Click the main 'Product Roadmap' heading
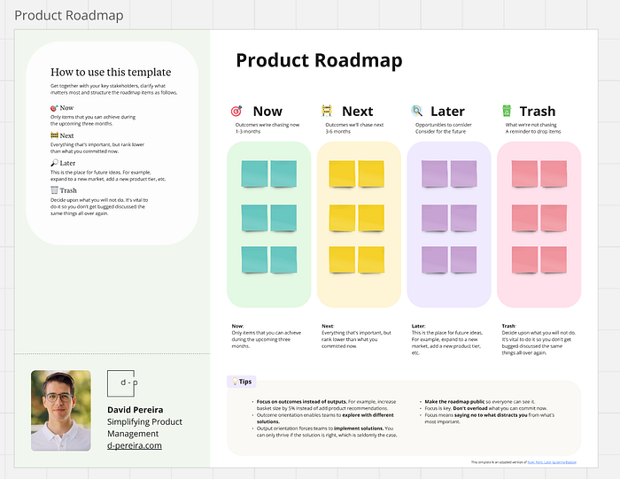(318, 60)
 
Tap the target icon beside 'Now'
(236, 112)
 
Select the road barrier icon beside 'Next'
(327, 112)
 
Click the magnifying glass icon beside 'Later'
(417, 112)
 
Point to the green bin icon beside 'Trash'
(507, 112)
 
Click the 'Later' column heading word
(447, 112)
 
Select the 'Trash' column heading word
(538, 112)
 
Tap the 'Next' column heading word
(357, 112)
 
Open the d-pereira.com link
(135, 445)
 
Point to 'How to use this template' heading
(111, 73)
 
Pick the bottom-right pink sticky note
(554, 259)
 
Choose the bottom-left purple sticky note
(434, 259)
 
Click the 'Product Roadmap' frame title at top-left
(69, 15)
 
